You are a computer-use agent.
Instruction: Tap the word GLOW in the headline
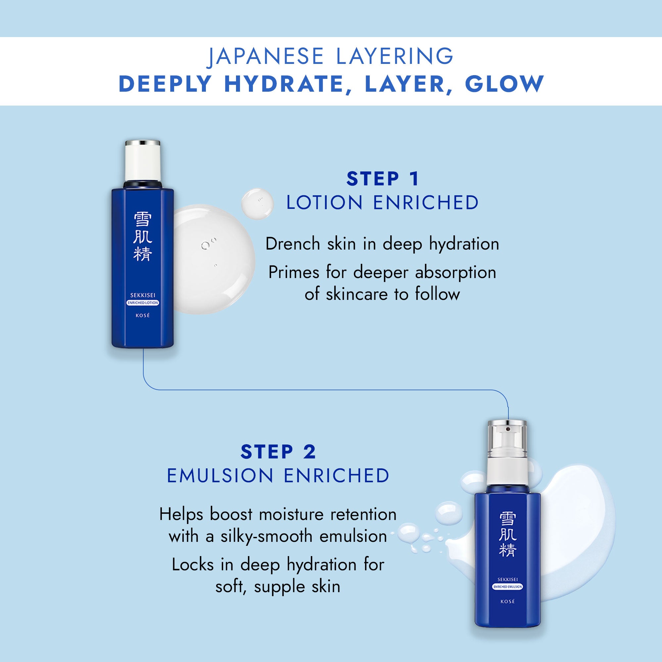coord(504,84)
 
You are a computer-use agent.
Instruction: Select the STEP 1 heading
coord(382,179)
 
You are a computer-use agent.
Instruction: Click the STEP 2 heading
coord(278,451)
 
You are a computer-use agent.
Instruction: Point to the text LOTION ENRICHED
coord(382,203)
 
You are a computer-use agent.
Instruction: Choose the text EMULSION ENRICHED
coord(278,476)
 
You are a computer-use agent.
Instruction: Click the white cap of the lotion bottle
coord(143,161)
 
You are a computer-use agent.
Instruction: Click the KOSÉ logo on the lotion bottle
coord(143,315)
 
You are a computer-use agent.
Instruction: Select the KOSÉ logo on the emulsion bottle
coord(507,601)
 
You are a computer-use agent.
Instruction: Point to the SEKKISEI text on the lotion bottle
coord(143,295)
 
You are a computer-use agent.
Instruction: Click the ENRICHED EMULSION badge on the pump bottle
coord(507,587)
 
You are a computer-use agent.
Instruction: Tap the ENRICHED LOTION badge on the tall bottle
coord(143,303)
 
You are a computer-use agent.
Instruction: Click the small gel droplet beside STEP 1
coord(257,204)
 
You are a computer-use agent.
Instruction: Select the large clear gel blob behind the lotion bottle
coord(216,260)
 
